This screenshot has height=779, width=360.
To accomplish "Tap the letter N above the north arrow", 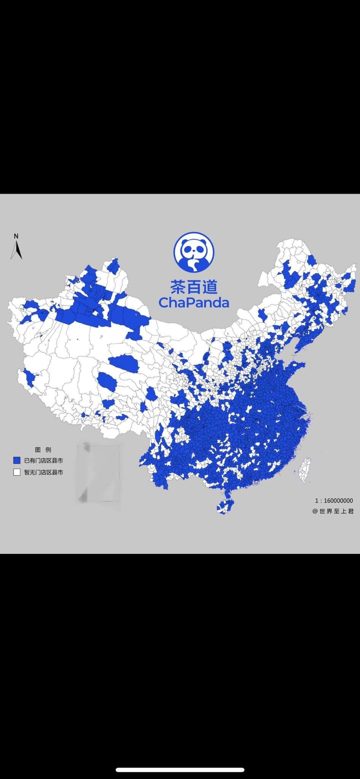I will (16, 236).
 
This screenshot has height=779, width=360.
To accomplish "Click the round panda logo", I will (194, 252).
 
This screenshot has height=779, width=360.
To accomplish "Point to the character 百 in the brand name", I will (194, 287).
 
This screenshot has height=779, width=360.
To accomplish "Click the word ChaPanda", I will (194, 302).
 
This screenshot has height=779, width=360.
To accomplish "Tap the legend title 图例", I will (43, 450).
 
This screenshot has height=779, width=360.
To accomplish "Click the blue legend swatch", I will (17, 461).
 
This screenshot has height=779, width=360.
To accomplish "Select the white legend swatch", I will (17, 472).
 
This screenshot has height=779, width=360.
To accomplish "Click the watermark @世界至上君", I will (333, 511).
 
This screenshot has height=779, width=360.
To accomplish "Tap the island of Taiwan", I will (305, 470).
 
